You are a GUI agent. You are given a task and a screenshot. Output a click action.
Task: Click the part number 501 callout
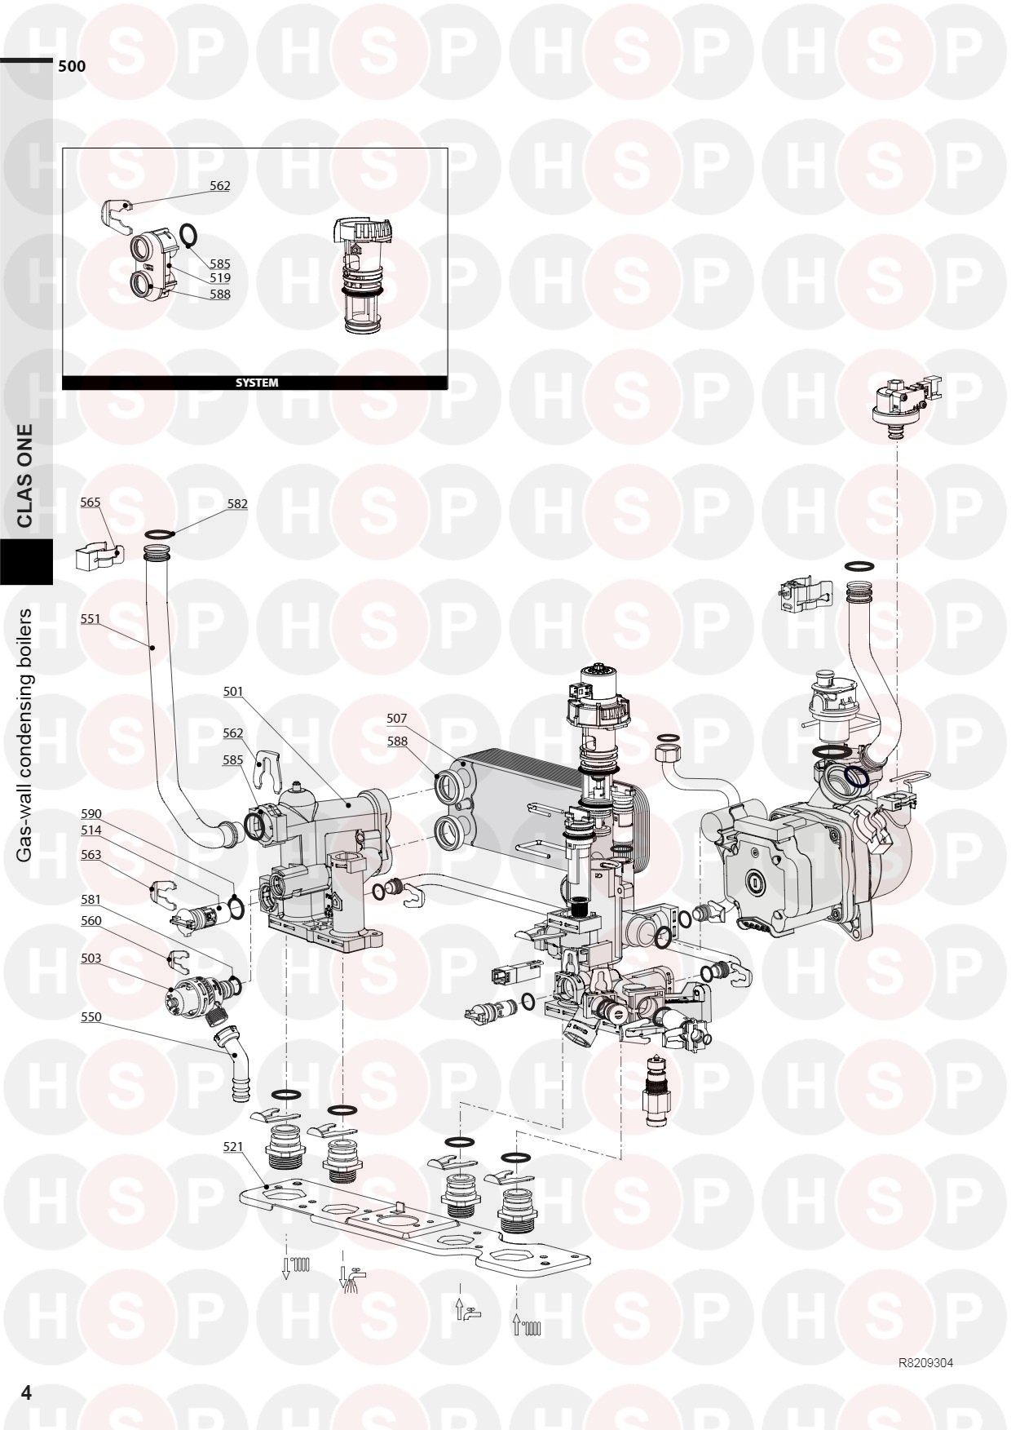[233, 692]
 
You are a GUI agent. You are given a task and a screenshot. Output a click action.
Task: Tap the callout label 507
[396, 719]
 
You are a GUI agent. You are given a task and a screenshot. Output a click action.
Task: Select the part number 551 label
[90, 619]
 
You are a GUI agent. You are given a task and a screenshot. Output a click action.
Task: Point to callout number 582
[237, 504]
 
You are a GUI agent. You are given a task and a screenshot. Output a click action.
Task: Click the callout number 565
[90, 502]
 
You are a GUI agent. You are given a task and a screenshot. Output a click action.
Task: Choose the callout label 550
[91, 1017]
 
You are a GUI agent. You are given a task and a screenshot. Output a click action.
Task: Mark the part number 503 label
[91, 958]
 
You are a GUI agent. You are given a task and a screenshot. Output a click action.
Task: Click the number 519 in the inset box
[219, 278]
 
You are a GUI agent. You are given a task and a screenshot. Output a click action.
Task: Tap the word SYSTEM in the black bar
[257, 383]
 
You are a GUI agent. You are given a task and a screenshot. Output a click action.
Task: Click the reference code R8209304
[925, 1363]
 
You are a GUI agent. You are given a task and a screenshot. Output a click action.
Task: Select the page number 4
[26, 1392]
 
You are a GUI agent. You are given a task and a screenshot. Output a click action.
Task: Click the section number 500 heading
[72, 67]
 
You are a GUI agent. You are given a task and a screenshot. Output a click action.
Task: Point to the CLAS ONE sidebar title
[25, 476]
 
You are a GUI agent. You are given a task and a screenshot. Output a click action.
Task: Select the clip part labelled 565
[99, 559]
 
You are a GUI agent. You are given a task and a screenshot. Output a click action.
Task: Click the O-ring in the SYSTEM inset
[187, 235]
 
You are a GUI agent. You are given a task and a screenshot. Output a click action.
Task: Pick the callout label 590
[91, 814]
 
